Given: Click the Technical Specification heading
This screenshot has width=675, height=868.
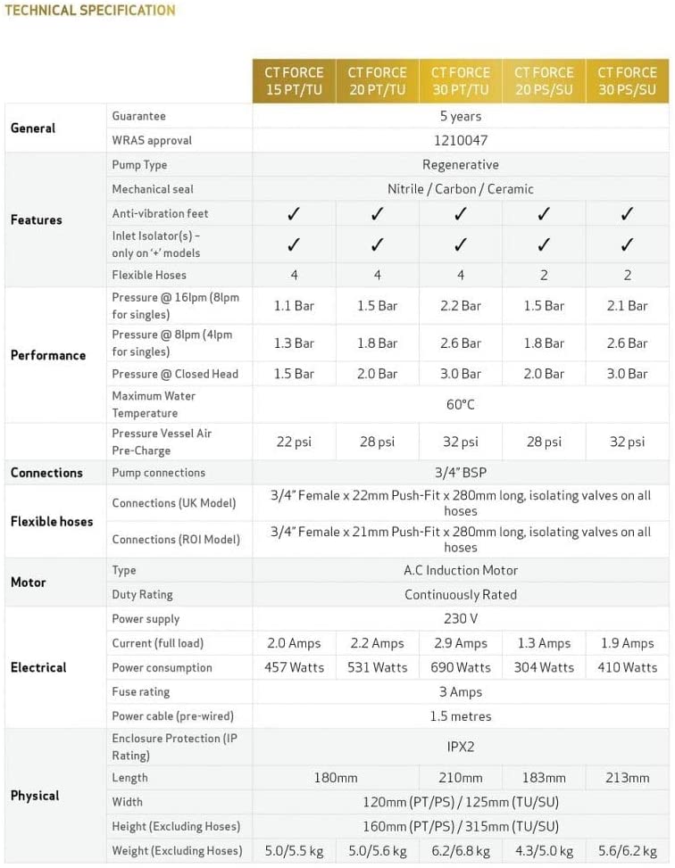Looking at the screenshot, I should coord(89,11).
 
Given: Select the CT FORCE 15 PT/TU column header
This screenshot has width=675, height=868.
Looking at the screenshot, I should coord(294,81).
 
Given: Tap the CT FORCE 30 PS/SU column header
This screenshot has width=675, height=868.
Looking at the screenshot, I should coord(627,81).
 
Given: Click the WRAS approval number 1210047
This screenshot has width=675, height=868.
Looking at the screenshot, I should coord(461,140).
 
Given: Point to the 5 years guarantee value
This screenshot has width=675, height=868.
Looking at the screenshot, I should coord(461,116).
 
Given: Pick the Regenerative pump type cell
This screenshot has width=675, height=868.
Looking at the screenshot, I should coord(461,164).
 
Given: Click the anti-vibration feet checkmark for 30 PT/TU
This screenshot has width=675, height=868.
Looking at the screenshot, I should coord(461,213).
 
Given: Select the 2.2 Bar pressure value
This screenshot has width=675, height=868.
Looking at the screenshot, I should coord(461,305).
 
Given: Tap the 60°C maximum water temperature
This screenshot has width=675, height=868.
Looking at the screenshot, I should coord(461,404).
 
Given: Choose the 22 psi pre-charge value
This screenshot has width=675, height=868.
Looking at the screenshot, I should coord(294,442).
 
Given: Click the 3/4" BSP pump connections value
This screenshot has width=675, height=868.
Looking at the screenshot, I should coord(461,473).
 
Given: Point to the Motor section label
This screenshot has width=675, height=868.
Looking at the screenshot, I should coord(28,582).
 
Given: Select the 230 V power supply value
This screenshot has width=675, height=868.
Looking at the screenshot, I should coord(461,618).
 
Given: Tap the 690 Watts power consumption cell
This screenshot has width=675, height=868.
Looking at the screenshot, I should coord(461,667).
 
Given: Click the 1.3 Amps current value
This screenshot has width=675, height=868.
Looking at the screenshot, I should coord(544,643).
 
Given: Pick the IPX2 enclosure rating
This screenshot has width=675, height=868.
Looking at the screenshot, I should coord(461,747).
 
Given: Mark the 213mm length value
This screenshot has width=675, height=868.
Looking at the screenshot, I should coord(627,778).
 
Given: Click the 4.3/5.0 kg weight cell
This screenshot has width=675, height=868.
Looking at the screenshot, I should coord(544,851).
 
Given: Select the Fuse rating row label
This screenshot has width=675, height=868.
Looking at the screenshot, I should coord(140,691).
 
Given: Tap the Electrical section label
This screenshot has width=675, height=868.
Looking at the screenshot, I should coord(38,667).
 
